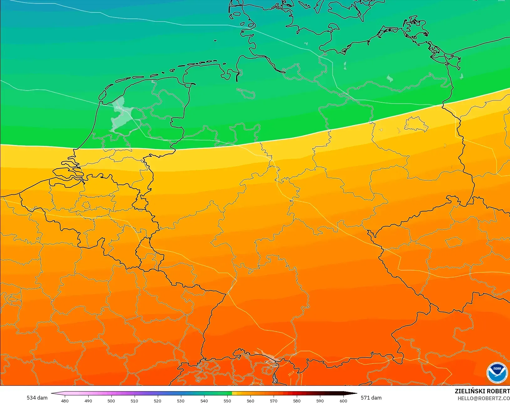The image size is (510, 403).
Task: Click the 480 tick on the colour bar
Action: coord(65,400)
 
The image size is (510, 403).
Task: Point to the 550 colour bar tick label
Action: coord(227,400)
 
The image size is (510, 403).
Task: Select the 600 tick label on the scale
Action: coord(343,400)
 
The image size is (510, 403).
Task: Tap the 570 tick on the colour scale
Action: coord(274,400)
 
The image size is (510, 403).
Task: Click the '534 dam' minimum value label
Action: coord(37,398)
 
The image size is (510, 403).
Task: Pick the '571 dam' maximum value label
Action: coord(371,398)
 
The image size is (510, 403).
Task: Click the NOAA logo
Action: coord(497,373)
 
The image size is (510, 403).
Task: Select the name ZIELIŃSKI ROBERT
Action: coord(482,391)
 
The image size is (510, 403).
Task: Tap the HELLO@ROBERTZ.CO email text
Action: coord(484,398)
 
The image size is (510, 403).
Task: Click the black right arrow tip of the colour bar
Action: coord(354,393)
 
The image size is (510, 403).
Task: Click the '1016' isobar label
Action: coord(118,108)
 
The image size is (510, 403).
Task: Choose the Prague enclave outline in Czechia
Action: coord(454,242)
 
